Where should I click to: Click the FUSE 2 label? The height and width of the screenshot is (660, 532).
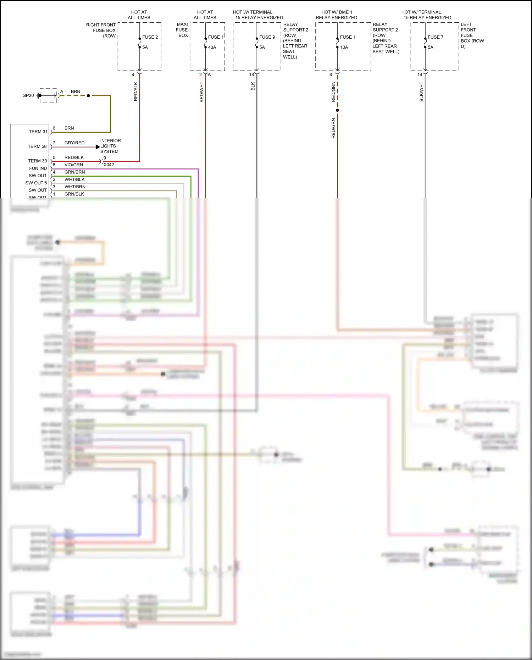150,37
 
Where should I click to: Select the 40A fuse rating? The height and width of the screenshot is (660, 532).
212,47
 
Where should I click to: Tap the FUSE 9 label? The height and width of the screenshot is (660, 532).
267,37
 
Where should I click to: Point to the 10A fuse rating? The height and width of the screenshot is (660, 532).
344,47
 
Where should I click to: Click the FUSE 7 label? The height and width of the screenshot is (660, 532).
435,37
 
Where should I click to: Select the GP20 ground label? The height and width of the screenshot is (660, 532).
28,95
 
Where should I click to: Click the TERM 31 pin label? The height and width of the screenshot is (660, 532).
38,132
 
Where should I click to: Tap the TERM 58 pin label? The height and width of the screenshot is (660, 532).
37,146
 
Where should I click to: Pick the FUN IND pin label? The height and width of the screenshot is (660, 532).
38,168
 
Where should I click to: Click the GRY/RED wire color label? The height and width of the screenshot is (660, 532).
74,143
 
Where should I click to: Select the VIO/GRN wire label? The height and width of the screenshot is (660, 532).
73,165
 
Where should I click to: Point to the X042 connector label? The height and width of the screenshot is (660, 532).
109,165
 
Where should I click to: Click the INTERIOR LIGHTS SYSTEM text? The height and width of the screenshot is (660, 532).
110,146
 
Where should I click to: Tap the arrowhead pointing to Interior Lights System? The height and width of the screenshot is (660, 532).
98,147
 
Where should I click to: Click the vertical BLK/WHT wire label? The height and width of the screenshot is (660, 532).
421,91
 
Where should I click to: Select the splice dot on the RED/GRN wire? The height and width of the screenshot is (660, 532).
337,110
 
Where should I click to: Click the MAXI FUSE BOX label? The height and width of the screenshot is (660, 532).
182,30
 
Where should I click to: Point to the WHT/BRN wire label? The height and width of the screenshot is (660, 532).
75,187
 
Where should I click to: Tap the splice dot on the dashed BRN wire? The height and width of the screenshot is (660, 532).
88,95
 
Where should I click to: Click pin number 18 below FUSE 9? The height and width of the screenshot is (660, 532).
251,74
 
